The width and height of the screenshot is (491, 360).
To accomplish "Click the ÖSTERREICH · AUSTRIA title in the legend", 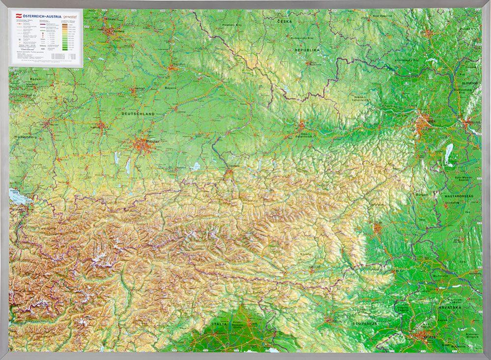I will tap(33, 15).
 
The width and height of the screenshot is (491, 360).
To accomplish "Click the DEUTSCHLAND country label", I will tap(138, 114).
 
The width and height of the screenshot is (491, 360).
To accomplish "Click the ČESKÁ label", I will tap(284, 22).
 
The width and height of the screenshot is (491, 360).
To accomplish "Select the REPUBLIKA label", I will tap(307, 50).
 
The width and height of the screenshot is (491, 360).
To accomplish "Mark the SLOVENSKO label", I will tap(465, 83).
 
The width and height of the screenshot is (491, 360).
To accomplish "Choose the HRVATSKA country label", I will tap(446, 307).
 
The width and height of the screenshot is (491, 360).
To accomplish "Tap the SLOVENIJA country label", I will tap(364, 323).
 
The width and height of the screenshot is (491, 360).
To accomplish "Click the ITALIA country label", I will tap(220, 324).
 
